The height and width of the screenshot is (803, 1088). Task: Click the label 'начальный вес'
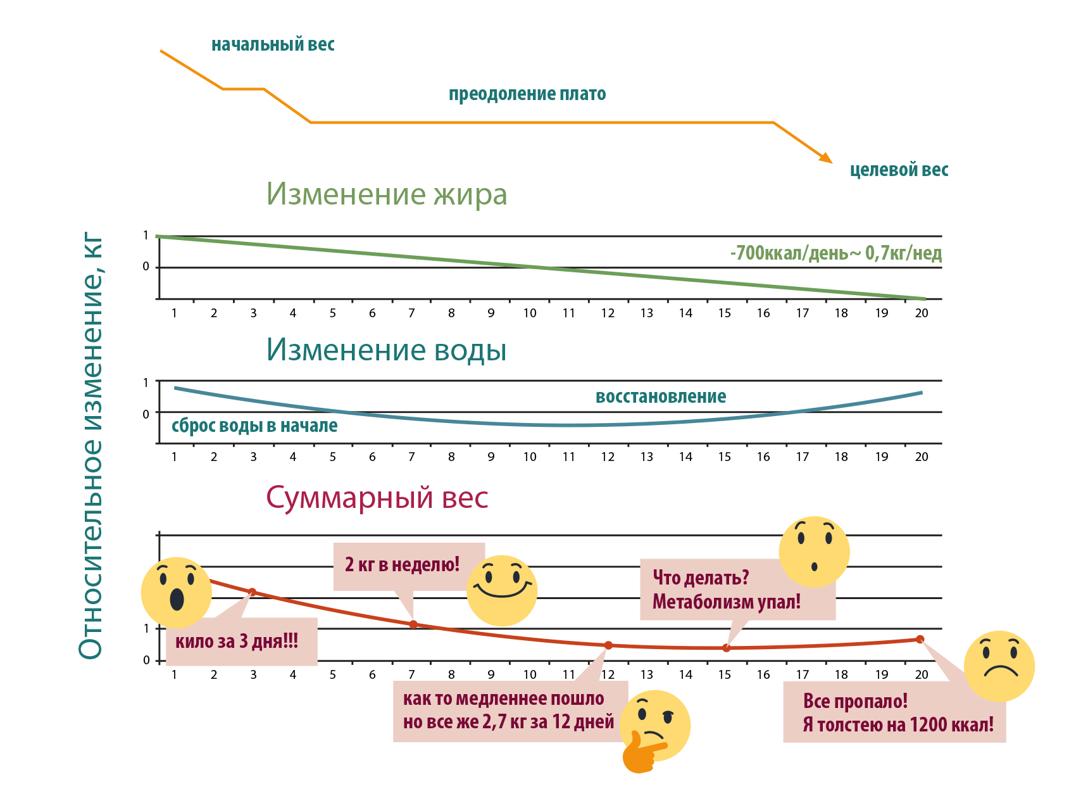click(x=273, y=44)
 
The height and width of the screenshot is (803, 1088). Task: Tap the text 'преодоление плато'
click(x=527, y=94)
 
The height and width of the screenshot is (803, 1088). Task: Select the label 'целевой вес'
click(x=899, y=170)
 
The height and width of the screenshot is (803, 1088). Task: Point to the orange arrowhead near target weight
click(x=826, y=157)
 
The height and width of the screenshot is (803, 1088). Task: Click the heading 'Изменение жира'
click(x=386, y=194)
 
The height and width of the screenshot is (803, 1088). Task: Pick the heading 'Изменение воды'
click(x=386, y=350)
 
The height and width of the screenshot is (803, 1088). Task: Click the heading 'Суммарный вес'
click(x=377, y=498)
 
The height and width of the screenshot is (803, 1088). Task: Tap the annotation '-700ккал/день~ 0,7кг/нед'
click(x=835, y=253)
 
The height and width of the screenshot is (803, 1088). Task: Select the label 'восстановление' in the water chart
click(x=661, y=396)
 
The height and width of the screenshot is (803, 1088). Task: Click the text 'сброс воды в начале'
click(x=254, y=426)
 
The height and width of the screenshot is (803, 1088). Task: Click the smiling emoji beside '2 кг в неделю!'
click(x=502, y=590)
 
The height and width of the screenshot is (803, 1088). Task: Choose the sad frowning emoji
click(x=999, y=666)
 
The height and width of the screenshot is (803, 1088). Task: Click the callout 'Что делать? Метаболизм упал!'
click(x=727, y=590)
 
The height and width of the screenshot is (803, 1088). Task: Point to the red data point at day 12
click(x=608, y=645)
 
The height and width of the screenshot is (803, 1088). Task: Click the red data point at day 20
click(x=920, y=640)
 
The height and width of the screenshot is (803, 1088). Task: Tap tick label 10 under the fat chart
click(x=530, y=313)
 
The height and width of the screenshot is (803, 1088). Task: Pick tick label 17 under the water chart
click(x=802, y=457)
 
